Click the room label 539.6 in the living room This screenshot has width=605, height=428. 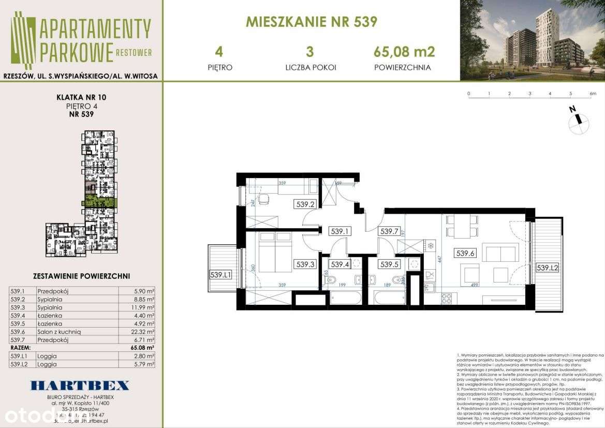click(465, 253)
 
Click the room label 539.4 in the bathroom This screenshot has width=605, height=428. click(340, 264)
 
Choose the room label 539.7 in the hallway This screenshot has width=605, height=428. click(388, 231)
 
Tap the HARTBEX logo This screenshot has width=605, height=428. click(80, 385)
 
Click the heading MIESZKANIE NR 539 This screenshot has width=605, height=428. click(311, 22)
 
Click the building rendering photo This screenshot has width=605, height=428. click(532, 40)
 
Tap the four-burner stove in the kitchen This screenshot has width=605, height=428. click(446, 298)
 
